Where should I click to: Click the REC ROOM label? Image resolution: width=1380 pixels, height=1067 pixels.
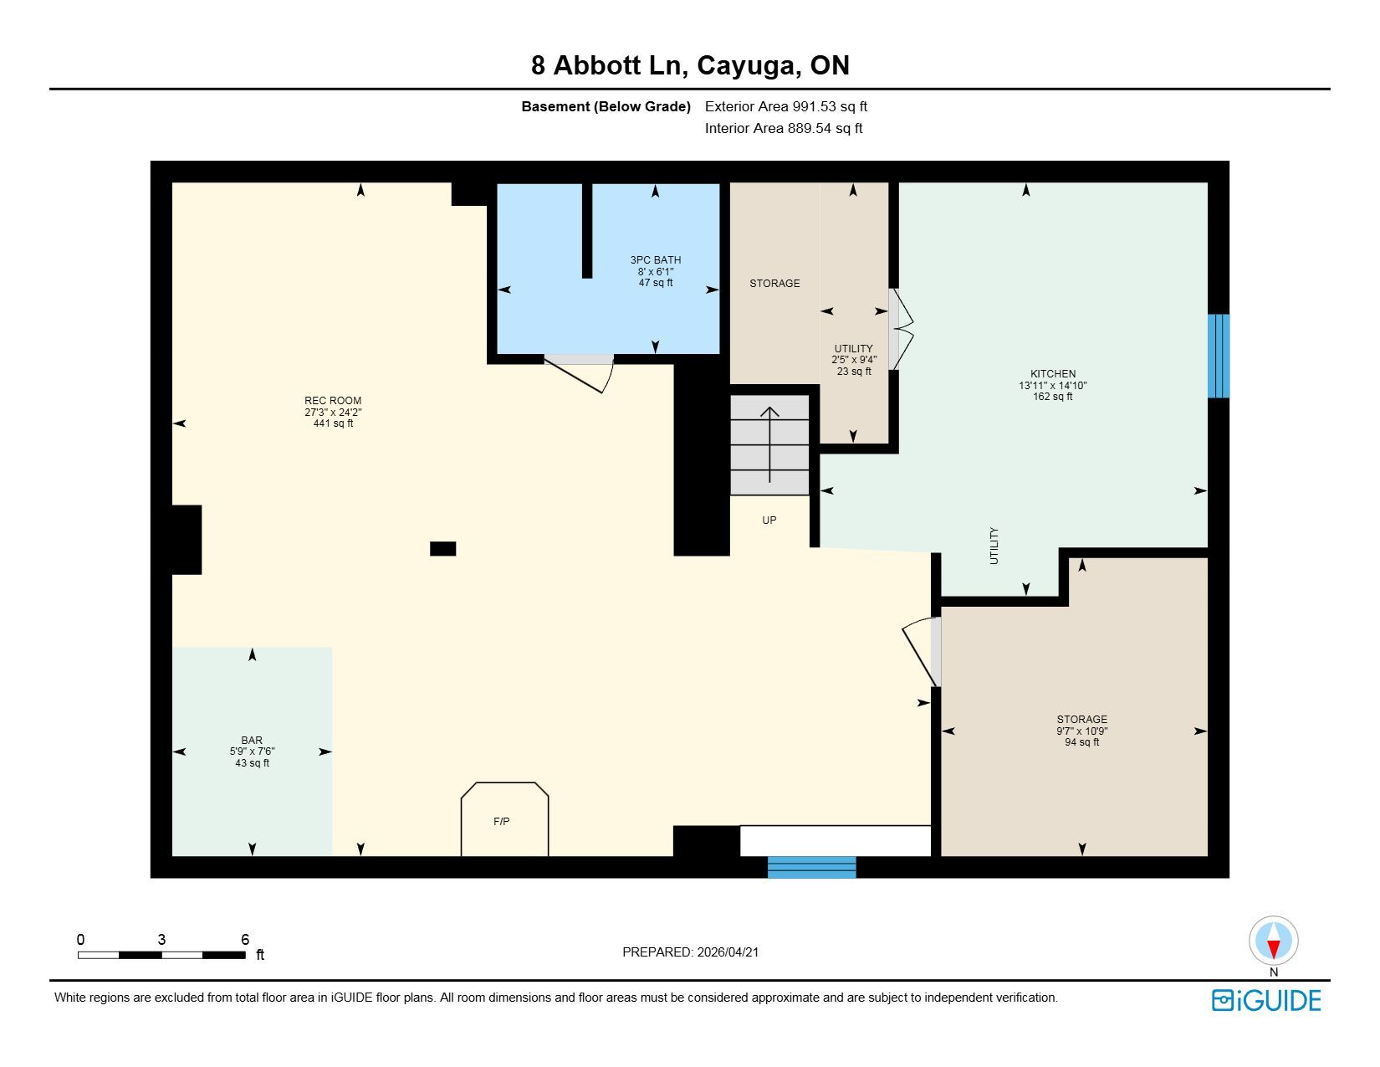333,400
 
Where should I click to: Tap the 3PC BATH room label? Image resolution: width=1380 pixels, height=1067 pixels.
656,260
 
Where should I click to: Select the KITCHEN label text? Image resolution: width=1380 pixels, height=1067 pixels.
1053,374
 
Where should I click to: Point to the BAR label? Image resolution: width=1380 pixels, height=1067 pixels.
252,741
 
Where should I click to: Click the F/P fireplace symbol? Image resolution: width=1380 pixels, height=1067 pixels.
504,818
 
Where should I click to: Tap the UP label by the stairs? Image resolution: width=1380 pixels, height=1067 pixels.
769,521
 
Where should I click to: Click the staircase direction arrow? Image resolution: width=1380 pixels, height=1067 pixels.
769,444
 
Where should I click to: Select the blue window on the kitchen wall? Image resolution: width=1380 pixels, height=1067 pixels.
1218,356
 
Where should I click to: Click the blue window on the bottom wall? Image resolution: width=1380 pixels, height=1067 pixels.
811,868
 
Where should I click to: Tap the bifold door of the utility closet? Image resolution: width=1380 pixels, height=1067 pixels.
901,329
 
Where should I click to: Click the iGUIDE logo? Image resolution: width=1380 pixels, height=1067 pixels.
1266,1001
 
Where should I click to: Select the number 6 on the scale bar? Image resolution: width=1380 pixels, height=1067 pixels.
245,939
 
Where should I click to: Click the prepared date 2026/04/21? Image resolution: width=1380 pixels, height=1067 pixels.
728,952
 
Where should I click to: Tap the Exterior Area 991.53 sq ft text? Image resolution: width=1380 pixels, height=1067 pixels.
785,107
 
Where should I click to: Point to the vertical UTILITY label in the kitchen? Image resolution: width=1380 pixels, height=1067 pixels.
994,546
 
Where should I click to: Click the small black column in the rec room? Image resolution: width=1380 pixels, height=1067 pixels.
442,548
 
